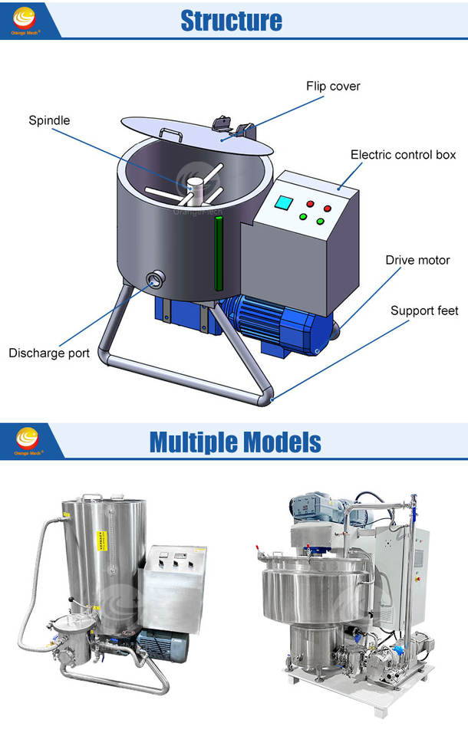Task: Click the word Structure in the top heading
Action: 231,21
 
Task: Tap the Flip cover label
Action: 333,86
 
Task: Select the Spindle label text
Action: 49,120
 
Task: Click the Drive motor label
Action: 417,260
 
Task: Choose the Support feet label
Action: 424,310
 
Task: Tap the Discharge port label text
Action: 49,353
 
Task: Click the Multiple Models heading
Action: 235,442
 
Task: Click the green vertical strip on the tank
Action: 218,242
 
